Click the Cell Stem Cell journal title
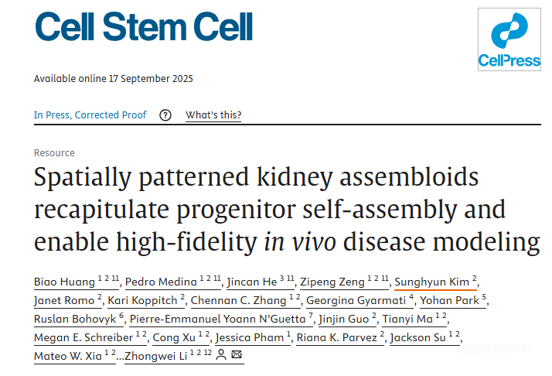pos(144,28)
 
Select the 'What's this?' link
pos(213,115)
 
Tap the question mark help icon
pos(165,115)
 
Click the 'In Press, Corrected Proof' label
pos(90,115)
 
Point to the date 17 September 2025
pos(152,78)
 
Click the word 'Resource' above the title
pos(54,153)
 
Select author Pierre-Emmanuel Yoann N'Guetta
pos(205,319)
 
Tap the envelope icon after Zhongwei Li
pos(237,356)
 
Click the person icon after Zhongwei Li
pos(221,356)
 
